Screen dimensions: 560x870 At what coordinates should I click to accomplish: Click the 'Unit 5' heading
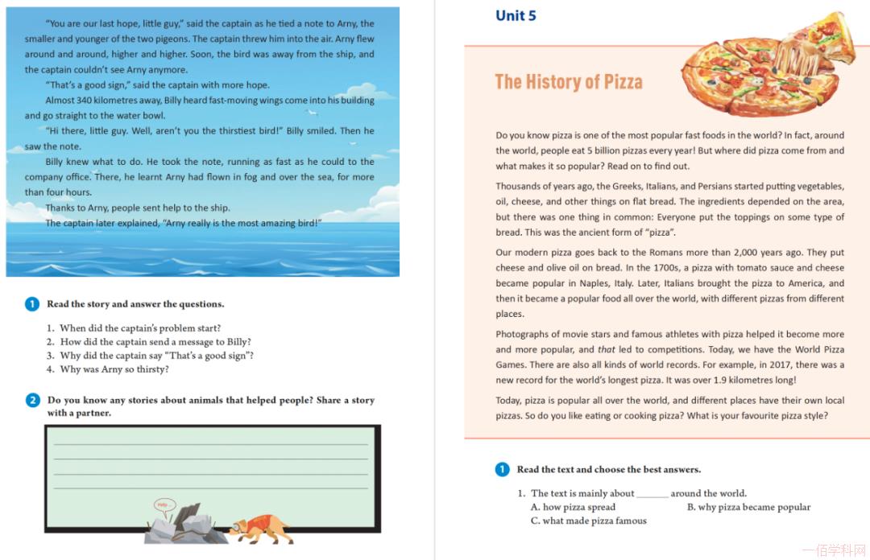click(x=516, y=16)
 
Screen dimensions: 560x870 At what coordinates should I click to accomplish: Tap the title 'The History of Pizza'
click(x=569, y=81)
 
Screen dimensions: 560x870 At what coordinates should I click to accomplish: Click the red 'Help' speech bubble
click(x=164, y=505)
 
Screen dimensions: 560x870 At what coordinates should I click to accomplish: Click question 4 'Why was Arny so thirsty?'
click(x=114, y=369)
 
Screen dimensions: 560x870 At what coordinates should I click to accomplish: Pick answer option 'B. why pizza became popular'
click(x=748, y=507)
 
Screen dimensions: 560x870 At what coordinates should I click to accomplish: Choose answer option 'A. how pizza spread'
click(x=573, y=507)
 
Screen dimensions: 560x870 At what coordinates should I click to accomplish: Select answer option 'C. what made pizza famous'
click(x=588, y=521)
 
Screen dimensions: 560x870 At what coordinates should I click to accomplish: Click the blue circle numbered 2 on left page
click(x=32, y=400)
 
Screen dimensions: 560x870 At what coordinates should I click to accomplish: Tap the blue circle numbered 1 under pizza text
click(x=502, y=469)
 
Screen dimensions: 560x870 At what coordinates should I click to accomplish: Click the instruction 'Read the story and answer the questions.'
click(x=135, y=304)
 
